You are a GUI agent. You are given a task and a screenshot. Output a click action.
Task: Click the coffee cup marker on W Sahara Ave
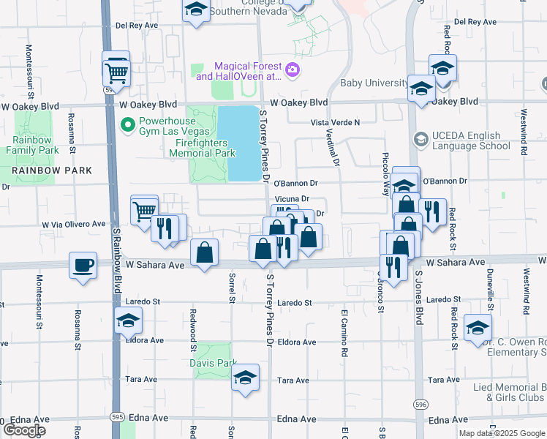point(83,265)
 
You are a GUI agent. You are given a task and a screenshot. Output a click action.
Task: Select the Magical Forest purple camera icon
point(293,70)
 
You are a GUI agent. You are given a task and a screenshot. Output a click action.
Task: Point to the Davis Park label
point(214,363)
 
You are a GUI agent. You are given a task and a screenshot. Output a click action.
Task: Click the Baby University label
point(372,83)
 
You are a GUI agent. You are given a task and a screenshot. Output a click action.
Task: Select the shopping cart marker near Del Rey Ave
point(116,72)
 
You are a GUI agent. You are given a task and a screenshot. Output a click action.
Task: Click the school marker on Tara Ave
point(245,378)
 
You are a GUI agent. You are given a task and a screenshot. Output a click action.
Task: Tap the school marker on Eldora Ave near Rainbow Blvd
point(128,320)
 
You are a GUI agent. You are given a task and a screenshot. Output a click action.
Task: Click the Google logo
point(23,431)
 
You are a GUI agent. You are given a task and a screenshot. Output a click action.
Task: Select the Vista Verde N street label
point(336,122)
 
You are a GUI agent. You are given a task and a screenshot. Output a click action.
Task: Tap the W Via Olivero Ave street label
point(74,225)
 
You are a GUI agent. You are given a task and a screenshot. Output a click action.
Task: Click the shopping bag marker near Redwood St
point(205,252)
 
